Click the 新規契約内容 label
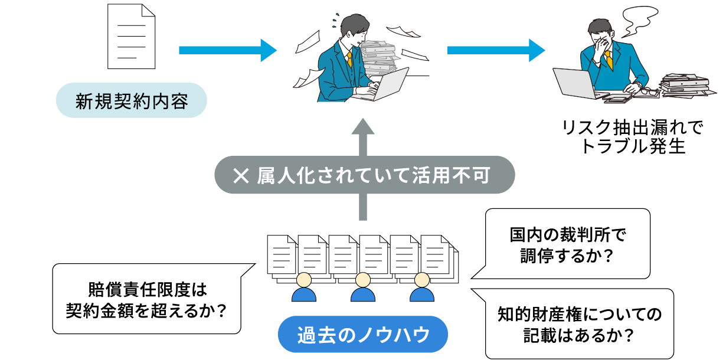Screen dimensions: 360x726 point(131,101)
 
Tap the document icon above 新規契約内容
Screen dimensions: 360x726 point(131,37)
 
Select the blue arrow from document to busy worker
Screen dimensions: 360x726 point(227,50)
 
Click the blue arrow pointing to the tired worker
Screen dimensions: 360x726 point(496,50)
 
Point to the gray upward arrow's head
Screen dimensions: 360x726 point(364,127)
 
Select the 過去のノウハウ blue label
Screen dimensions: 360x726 point(363,335)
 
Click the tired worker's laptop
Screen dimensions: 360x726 point(575,83)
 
